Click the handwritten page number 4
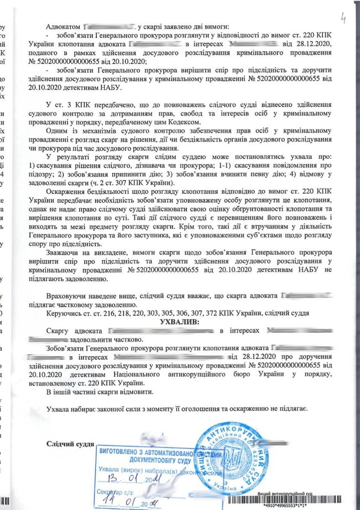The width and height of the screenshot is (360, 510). pos(344,19)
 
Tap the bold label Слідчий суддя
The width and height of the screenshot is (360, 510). pos(70,445)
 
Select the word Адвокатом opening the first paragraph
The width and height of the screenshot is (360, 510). pos(64,26)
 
